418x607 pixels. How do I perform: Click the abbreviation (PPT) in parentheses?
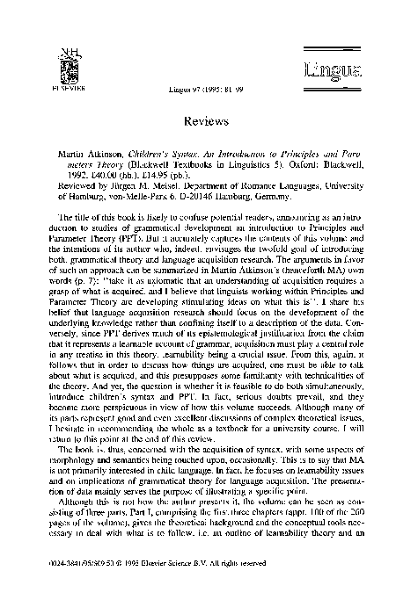click(126, 237)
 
